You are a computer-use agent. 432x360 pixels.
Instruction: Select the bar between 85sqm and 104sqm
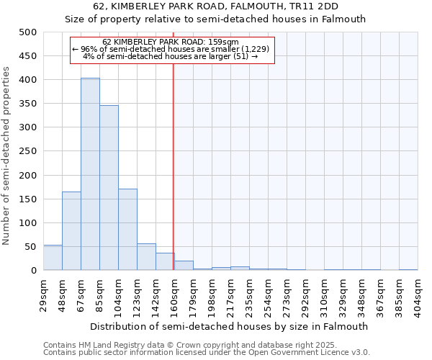109,188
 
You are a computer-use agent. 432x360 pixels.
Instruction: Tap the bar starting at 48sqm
71,231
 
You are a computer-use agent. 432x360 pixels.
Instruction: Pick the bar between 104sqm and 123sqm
127,230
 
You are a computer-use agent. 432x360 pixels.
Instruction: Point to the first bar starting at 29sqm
53,258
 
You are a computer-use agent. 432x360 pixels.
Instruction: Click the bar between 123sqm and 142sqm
146,257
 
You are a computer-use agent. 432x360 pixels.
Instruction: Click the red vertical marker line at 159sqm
174,166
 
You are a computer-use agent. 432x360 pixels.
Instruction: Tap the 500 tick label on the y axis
27,32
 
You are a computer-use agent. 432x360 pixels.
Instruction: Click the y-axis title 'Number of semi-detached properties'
6,156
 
